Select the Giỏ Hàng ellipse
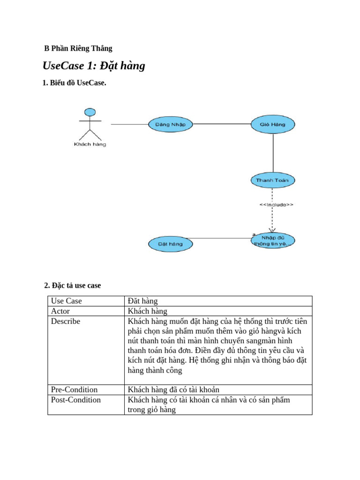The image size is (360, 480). click(273, 124)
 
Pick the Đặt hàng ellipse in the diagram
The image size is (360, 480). click(170, 244)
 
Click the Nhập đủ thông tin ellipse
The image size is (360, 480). click(273, 240)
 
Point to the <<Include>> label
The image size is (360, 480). click(277, 205)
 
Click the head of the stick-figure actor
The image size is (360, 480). click(90, 112)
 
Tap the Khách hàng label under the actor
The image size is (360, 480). click(90, 144)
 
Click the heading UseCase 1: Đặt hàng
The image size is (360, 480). click(94, 66)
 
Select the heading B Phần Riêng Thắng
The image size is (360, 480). click(78, 48)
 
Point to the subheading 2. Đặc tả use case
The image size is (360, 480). click(73, 285)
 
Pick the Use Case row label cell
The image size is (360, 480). click(67, 301)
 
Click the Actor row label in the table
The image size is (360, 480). click(60, 311)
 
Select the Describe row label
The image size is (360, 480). click(66, 322)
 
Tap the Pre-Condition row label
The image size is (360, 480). click(74, 390)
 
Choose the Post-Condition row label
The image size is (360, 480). click(76, 400)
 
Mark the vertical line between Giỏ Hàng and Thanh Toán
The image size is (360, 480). click(273, 152)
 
